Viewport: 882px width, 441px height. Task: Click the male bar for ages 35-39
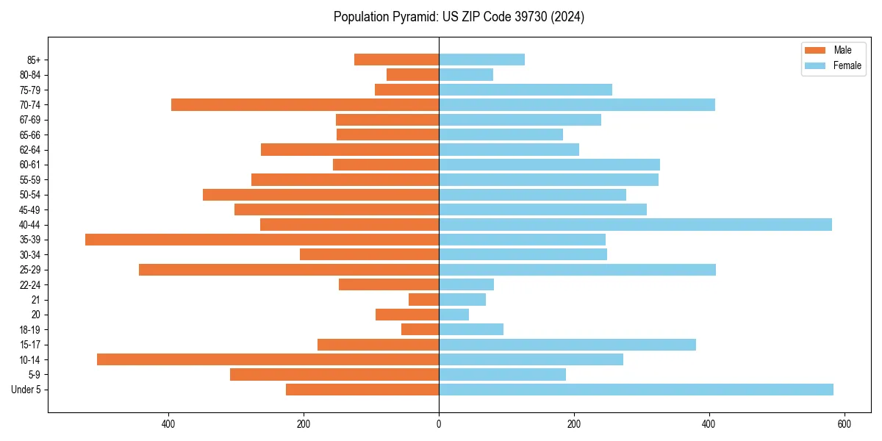pos(262,240)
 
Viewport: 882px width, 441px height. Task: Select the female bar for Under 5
pos(636,390)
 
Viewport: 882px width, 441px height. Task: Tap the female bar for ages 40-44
pos(635,224)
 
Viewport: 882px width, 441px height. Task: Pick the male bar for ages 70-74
pos(305,105)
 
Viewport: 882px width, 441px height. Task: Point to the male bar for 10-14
pos(268,359)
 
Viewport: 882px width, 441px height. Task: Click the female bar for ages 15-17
pos(567,345)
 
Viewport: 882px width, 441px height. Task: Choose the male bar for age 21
pos(424,300)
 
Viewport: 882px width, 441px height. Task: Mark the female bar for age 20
pos(453,315)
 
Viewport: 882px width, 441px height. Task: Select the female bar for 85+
pos(481,60)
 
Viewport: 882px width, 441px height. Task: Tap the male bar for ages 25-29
pos(289,270)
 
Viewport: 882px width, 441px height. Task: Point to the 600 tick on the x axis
pos(845,424)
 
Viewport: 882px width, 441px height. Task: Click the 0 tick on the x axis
pos(439,424)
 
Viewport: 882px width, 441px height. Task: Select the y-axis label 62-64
pos(30,150)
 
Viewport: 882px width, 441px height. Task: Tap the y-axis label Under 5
pos(26,390)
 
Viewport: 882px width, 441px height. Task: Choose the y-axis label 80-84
pos(30,75)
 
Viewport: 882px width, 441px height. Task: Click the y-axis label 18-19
pos(30,330)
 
